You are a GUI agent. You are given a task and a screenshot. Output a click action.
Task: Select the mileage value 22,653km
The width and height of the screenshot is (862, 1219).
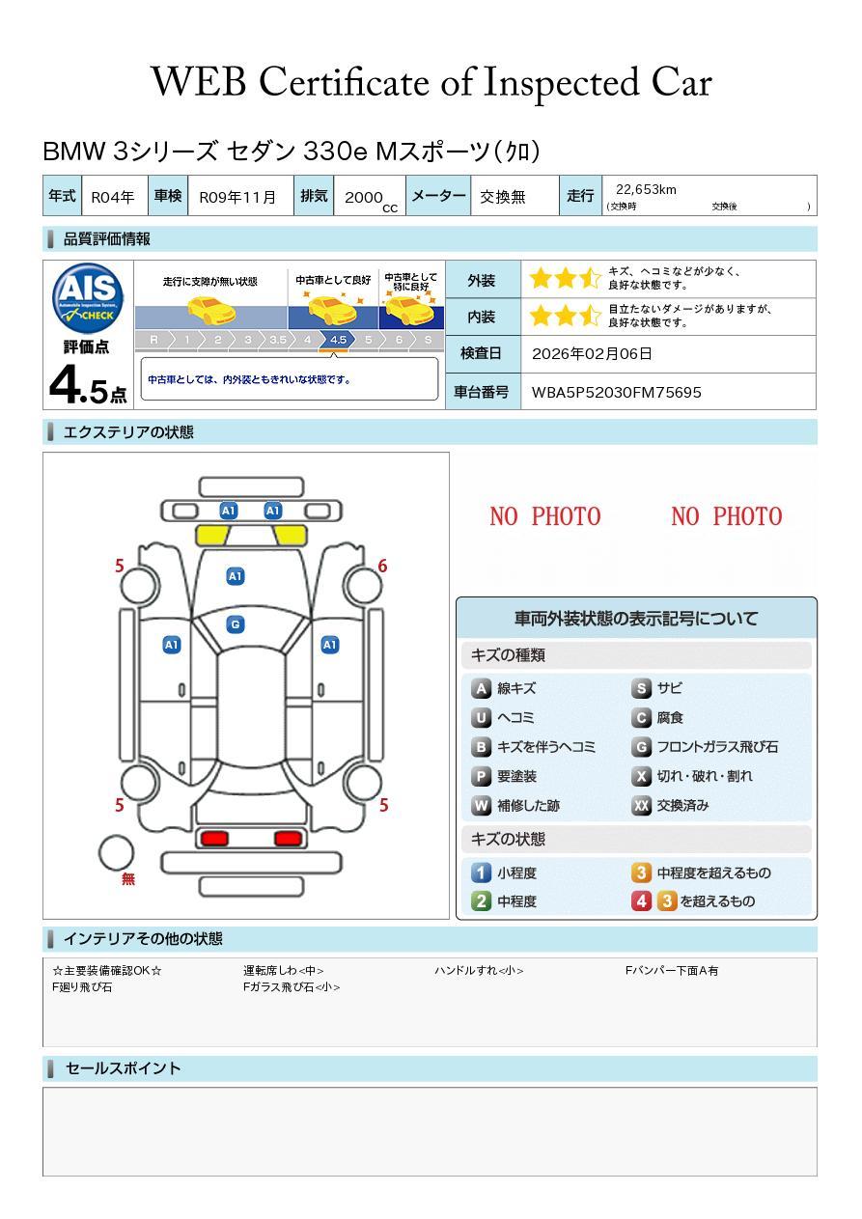(646, 190)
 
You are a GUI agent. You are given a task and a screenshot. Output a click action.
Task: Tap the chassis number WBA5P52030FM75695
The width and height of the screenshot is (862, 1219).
(617, 392)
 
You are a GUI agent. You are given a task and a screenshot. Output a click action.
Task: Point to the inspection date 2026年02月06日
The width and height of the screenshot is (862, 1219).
(592, 353)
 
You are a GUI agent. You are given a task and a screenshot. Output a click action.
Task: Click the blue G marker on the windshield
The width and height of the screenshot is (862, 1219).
(235, 624)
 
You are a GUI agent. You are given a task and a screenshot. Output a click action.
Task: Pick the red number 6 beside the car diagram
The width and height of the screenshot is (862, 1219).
(382, 567)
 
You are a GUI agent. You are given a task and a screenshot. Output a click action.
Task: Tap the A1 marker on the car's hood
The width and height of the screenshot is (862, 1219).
(235, 576)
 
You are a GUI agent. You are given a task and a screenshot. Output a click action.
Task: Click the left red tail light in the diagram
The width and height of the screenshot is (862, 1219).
(212, 838)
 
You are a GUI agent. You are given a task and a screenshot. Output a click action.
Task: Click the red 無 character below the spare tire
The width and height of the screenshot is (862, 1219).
(128, 879)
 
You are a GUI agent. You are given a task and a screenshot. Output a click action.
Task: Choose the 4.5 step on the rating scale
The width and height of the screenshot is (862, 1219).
(338, 340)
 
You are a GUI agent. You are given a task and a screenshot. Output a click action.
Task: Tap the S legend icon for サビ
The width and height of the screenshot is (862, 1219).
(641, 689)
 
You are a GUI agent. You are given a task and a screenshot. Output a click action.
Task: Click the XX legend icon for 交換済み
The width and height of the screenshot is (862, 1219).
(641, 805)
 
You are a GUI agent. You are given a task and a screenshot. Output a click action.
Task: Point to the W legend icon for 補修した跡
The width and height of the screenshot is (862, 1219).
(481, 805)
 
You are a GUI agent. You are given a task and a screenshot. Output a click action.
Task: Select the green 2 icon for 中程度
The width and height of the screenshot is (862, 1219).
(481, 901)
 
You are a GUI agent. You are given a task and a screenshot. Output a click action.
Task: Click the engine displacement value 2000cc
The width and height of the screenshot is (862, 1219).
(370, 198)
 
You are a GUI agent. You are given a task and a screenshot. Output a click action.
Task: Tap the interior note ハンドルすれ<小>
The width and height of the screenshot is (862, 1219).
(479, 971)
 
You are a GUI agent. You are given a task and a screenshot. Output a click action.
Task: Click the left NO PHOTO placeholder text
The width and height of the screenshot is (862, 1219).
(544, 516)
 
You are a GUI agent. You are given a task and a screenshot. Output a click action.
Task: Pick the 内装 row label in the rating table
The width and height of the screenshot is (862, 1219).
(481, 317)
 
